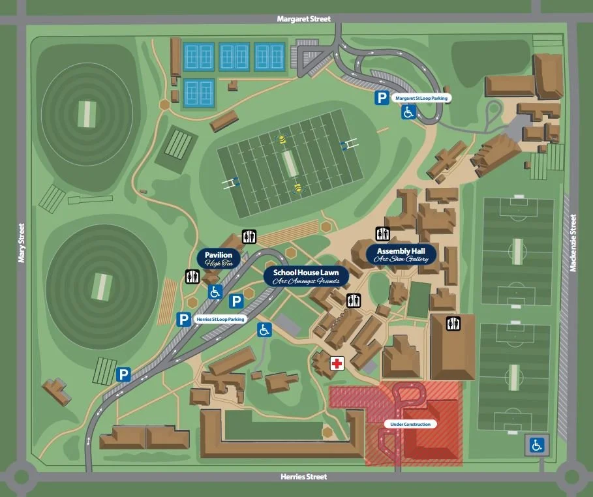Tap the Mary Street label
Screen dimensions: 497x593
coord(21,243)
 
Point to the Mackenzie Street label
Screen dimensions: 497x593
coord(575,244)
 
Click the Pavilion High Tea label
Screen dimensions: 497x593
coord(219,259)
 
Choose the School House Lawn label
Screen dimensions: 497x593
coord(306,276)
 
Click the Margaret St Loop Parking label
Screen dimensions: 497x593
coord(421,98)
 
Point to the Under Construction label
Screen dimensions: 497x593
coord(410,425)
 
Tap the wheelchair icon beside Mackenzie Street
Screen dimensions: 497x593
coord(537,445)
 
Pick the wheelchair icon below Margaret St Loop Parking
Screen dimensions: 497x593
coord(408,113)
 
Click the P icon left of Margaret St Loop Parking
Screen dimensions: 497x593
coord(381,98)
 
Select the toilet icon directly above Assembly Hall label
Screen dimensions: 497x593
coord(382,233)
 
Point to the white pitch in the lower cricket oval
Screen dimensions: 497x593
coord(101,286)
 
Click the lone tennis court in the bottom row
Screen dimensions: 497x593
coord(199,93)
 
